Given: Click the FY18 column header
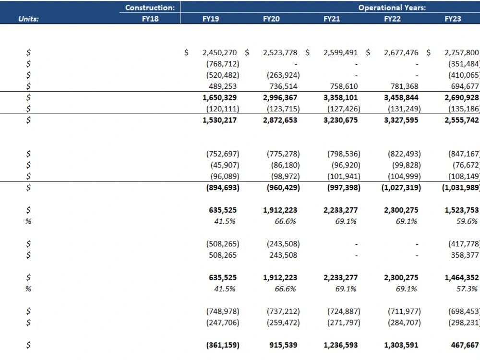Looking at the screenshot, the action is [150, 19].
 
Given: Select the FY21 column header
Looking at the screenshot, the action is [332, 19].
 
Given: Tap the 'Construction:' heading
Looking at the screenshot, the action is [150, 8].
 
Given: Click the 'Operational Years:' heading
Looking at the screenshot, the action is [392, 8].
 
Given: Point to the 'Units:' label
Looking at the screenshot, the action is [28, 19].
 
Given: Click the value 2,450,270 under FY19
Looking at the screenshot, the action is [219, 53].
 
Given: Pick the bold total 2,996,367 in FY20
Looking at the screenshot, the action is [280, 97].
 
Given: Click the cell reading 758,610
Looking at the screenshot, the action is [344, 86].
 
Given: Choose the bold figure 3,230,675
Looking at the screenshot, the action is [340, 120].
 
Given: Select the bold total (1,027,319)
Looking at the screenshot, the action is [401, 188].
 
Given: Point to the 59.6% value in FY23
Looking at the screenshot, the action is [467, 221].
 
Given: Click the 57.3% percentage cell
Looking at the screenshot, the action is [467, 288].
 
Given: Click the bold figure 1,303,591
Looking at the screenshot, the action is [401, 345].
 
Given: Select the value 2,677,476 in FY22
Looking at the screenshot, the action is [401, 53].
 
